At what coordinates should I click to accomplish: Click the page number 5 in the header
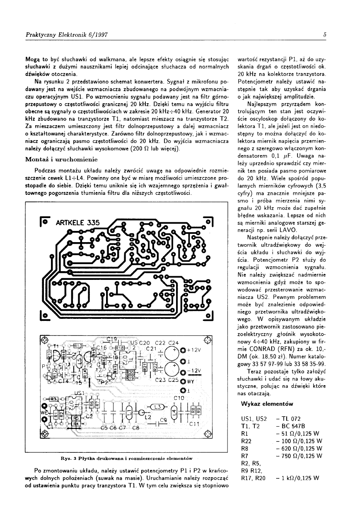click(x=325, y=35)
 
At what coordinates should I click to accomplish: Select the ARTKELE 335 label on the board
click(x=77, y=223)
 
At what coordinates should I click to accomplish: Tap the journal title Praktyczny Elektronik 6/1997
click(x=60, y=35)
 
